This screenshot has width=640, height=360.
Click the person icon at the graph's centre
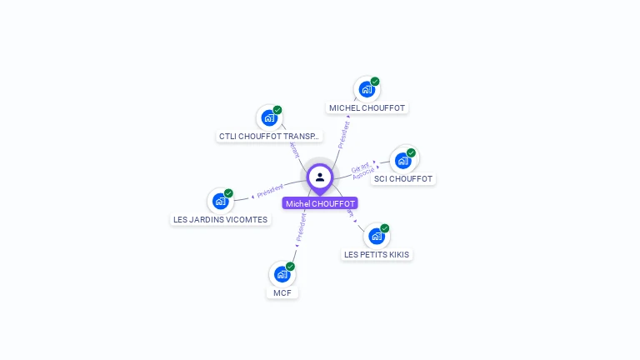tap(320, 177)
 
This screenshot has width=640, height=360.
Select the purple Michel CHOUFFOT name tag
tap(320, 203)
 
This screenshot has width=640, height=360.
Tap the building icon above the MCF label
tap(282, 274)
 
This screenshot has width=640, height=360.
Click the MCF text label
tap(282, 292)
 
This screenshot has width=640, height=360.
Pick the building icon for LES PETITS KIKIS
tap(376, 236)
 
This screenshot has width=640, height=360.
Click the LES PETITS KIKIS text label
tap(377, 254)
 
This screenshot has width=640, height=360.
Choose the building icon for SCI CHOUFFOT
tap(403, 160)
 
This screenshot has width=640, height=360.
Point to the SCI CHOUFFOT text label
tap(403, 178)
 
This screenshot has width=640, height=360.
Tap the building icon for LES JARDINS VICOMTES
tap(220, 201)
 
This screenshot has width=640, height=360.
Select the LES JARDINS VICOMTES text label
tap(221, 219)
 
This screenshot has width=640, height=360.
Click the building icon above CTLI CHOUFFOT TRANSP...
tap(269, 117)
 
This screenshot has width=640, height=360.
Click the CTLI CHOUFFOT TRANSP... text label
tap(269, 136)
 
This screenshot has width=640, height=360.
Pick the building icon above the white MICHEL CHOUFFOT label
tap(367, 89)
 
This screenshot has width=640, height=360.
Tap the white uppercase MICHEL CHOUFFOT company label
tap(367, 107)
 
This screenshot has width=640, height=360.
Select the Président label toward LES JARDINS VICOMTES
tap(270, 190)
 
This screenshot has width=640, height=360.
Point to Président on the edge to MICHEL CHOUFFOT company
tap(343, 134)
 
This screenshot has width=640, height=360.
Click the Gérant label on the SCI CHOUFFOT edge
tap(361, 167)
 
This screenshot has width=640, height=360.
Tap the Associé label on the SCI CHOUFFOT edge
tap(363, 175)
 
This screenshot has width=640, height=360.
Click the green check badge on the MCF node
tap(290, 267)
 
